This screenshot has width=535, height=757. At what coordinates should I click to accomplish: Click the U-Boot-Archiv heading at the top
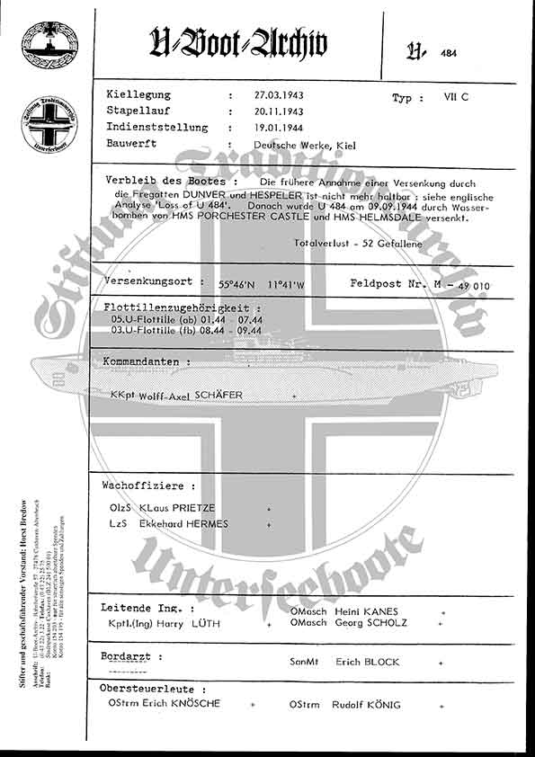(x=237, y=42)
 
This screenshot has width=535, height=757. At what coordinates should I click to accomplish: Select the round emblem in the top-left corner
(x=50, y=42)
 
